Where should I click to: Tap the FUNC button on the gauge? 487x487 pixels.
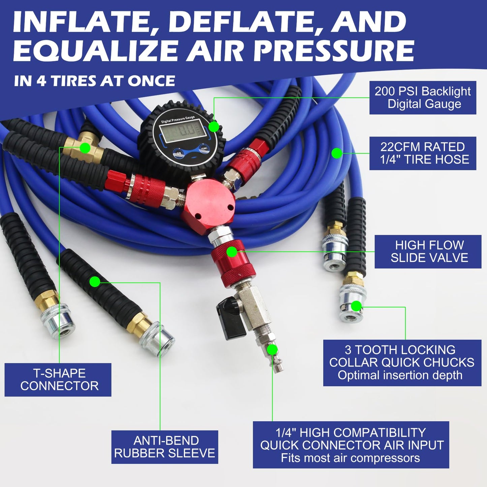click(204, 148)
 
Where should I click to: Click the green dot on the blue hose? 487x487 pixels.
click(337, 153)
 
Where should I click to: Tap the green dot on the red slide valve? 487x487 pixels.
click(232, 252)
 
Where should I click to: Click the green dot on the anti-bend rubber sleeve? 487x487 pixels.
click(95, 281)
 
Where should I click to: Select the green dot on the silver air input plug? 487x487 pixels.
click(272, 350)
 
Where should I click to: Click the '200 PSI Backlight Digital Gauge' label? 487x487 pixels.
click(423, 97)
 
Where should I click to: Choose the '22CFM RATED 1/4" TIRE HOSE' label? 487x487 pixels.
click(423, 153)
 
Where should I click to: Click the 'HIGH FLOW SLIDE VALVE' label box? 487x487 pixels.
click(428, 251)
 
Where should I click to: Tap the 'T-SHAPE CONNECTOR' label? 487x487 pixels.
click(58, 379)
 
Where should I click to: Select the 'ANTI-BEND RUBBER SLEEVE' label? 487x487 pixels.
click(165, 447)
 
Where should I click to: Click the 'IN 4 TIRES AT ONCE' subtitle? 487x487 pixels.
click(94, 81)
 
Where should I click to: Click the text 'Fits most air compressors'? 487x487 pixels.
click(351, 458)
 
